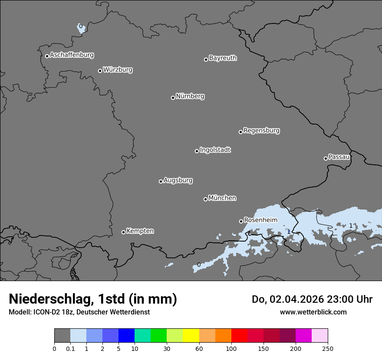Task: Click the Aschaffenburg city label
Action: (72, 55)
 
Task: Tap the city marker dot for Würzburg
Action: (100, 71)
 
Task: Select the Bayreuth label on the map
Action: (223, 58)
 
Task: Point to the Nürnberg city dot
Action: (173, 98)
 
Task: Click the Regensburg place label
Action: (261, 131)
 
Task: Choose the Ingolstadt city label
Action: (215, 150)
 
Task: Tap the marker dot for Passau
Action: (326, 158)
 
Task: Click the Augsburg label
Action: (178, 180)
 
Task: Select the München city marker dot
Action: (205, 199)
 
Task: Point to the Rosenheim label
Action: (260, 220)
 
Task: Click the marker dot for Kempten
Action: (123, 232)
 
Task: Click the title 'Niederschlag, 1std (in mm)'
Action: (93, 299)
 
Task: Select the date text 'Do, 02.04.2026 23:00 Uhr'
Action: (312, 299)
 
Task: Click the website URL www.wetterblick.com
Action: (313, 312)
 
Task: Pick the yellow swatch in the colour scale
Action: (191, 336)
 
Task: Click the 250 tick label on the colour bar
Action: (328, 348)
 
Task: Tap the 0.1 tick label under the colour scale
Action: (70, 348)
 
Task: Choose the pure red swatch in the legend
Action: (239, 336)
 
